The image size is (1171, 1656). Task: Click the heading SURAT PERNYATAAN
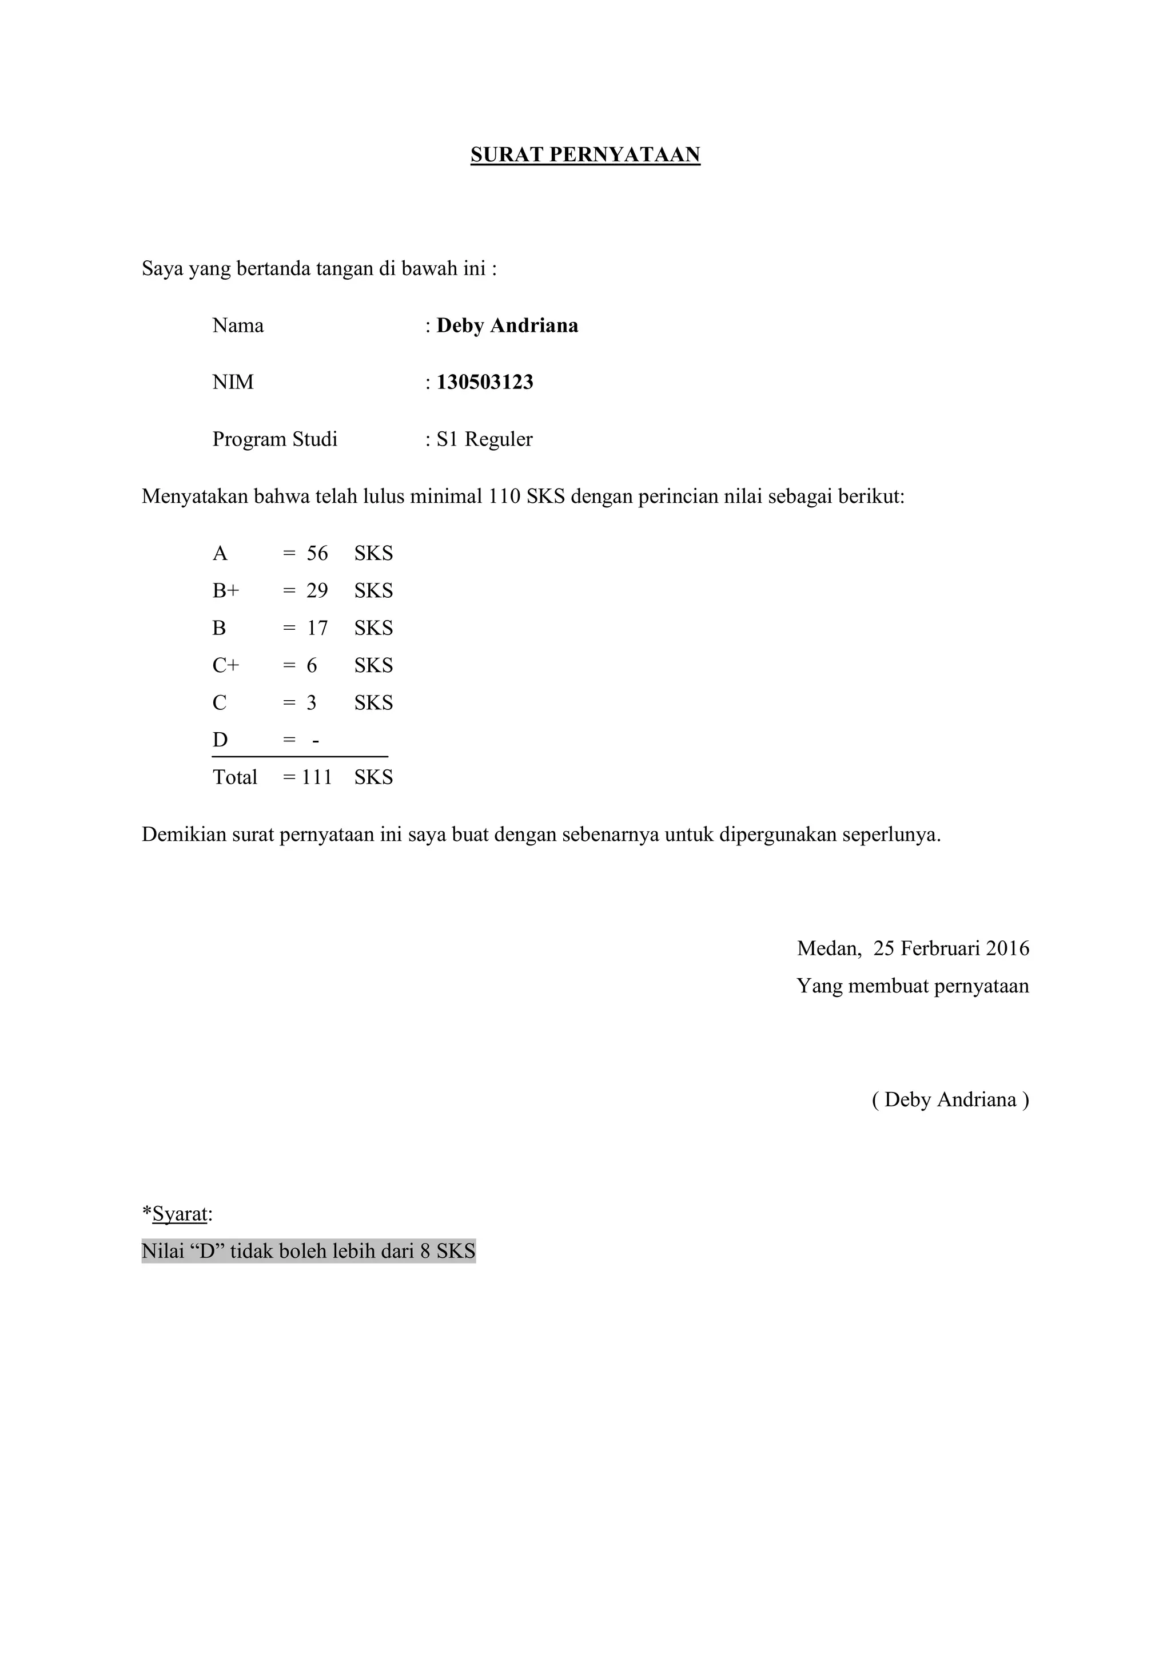[585, 155]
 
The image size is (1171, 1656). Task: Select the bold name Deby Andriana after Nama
[507, 326]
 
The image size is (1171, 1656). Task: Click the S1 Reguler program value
[484, 439]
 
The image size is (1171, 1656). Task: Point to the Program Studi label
[274, 439]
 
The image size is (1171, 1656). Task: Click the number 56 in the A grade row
[317, 554]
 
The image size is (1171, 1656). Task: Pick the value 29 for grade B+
[317, 591]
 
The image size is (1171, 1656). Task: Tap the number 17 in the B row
[317, 629]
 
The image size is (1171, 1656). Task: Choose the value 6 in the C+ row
[312, 666]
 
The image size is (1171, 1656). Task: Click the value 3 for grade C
[312, 703]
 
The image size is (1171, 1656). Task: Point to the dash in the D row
[315, 741]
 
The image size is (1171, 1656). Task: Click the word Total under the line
[235, 777]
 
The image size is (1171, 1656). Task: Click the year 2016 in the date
[1007, 948]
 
